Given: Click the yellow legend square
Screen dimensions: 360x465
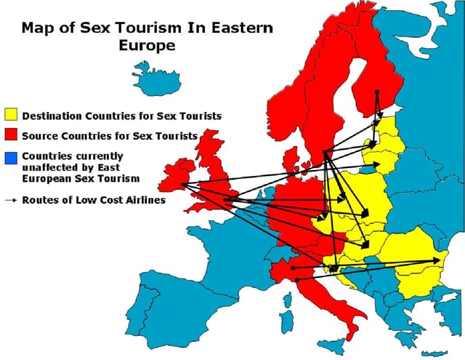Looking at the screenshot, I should pyautogui.click(x=11, y=115).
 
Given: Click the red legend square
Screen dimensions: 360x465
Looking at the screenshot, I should pyautogui.click(x=11, y=135).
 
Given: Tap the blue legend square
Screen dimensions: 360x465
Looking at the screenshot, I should pyautogui.click(x=11, y=156).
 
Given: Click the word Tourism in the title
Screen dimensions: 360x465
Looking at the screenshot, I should pyautogui.click(x=166, y=29).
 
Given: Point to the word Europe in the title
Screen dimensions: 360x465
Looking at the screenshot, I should pyautogui.click(x=146, y=46).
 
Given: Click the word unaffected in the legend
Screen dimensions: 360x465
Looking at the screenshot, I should pyautogui.click(x=52, y=167).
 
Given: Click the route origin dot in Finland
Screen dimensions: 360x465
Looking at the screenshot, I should pyautogui.click(x=376, y=92).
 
